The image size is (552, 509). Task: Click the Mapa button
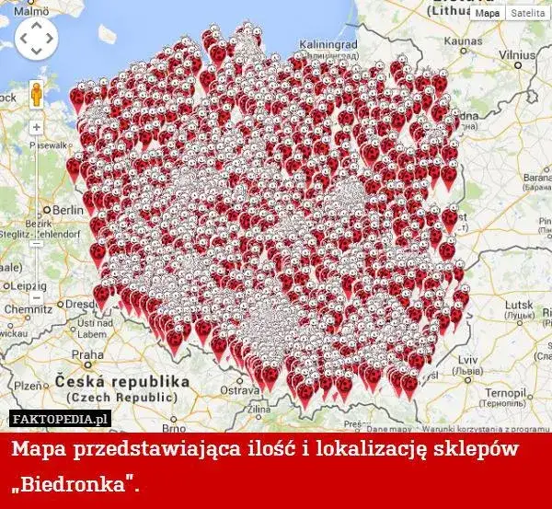click(488, 14)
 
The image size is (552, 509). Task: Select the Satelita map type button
click(527, 14)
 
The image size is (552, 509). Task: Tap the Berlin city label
click(67, 210)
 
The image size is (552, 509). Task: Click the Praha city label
click(88, 353)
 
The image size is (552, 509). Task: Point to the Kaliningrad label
click(328, 43)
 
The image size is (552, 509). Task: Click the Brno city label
click(174, 428)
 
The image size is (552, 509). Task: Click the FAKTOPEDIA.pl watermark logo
click(61, 419)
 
